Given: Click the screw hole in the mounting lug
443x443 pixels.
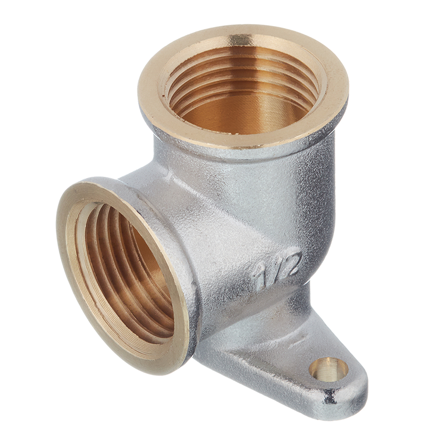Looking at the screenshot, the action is click(x=329, y=369).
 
